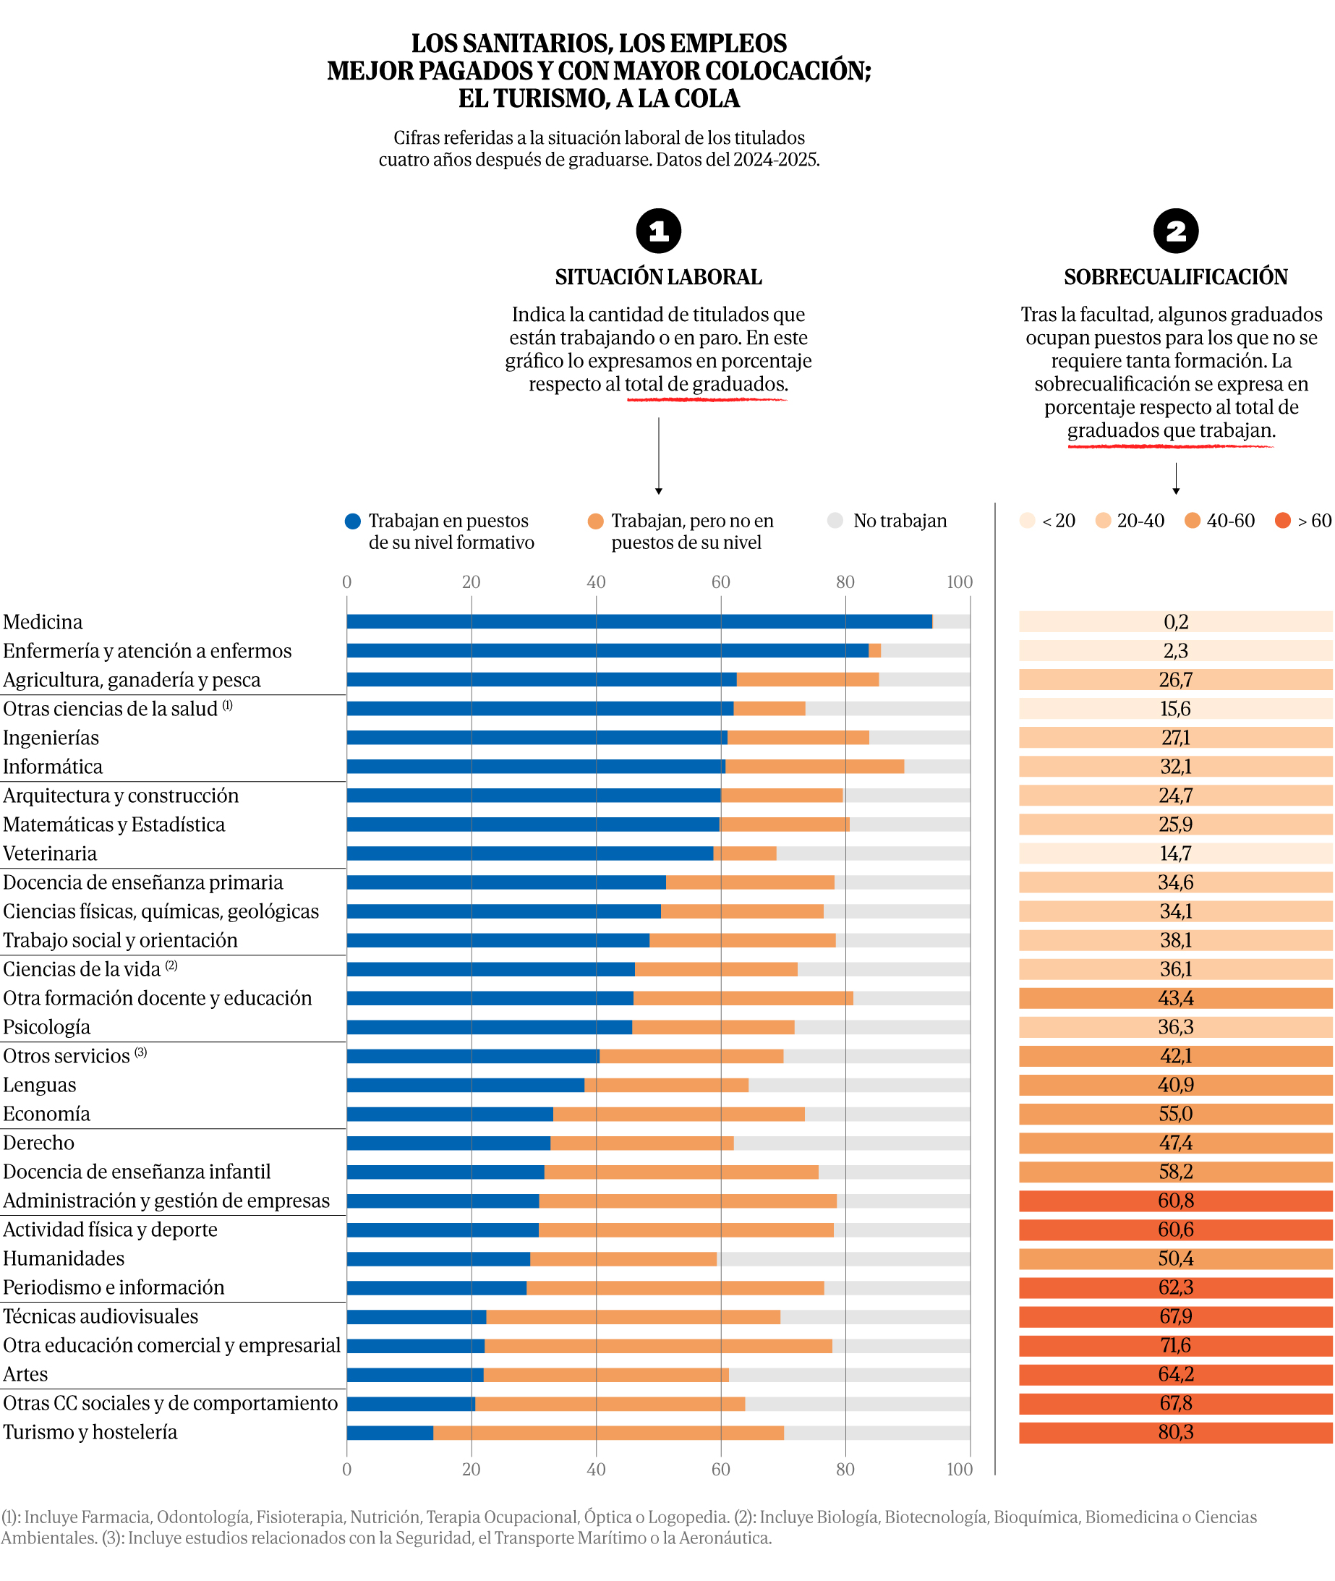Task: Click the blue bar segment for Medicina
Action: click(x=639, y=621)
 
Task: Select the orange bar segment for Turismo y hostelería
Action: click(x=608, y=1433)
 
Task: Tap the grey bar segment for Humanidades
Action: click(x=843, y=1258)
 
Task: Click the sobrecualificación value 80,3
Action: click(x=1175, y=1433)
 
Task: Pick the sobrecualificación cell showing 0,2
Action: click(x=1175, y=621)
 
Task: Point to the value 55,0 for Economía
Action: click(x=1175, y=1114)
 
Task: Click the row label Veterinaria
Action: click(x=50, y=853)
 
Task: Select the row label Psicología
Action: click(x=47, y=1027)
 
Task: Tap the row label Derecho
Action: click(x=38, y=1143)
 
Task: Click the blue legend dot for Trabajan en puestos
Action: click(x=353, y=521)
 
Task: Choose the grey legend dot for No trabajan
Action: click(x=835, y=521)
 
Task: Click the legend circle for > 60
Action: click(x=1282, y=521)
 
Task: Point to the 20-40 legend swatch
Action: click(x=1104, y=521)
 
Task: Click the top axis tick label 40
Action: click(x=596, y=582)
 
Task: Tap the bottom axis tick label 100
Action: click(x=960, y=1469)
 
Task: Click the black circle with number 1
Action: click(x=658, y=231)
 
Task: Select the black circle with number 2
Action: click(x=1175, y=231)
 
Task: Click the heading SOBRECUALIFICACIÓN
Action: click(x=1175, y=277)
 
